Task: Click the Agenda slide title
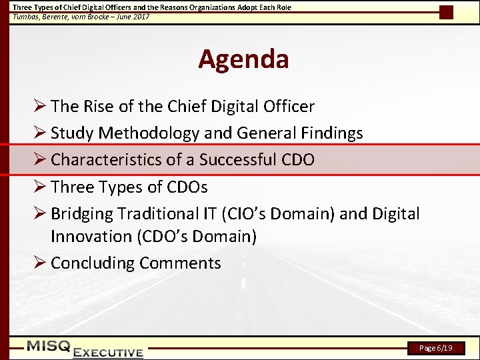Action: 243,59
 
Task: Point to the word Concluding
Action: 93,263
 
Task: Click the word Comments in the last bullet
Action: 180,263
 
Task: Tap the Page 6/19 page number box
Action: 436,348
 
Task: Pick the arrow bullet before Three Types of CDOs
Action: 39,187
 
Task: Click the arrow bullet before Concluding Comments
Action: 39,263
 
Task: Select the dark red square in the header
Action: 447,12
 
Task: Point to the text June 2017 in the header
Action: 133,17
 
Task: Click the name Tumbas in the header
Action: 25,17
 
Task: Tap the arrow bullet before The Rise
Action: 39,107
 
